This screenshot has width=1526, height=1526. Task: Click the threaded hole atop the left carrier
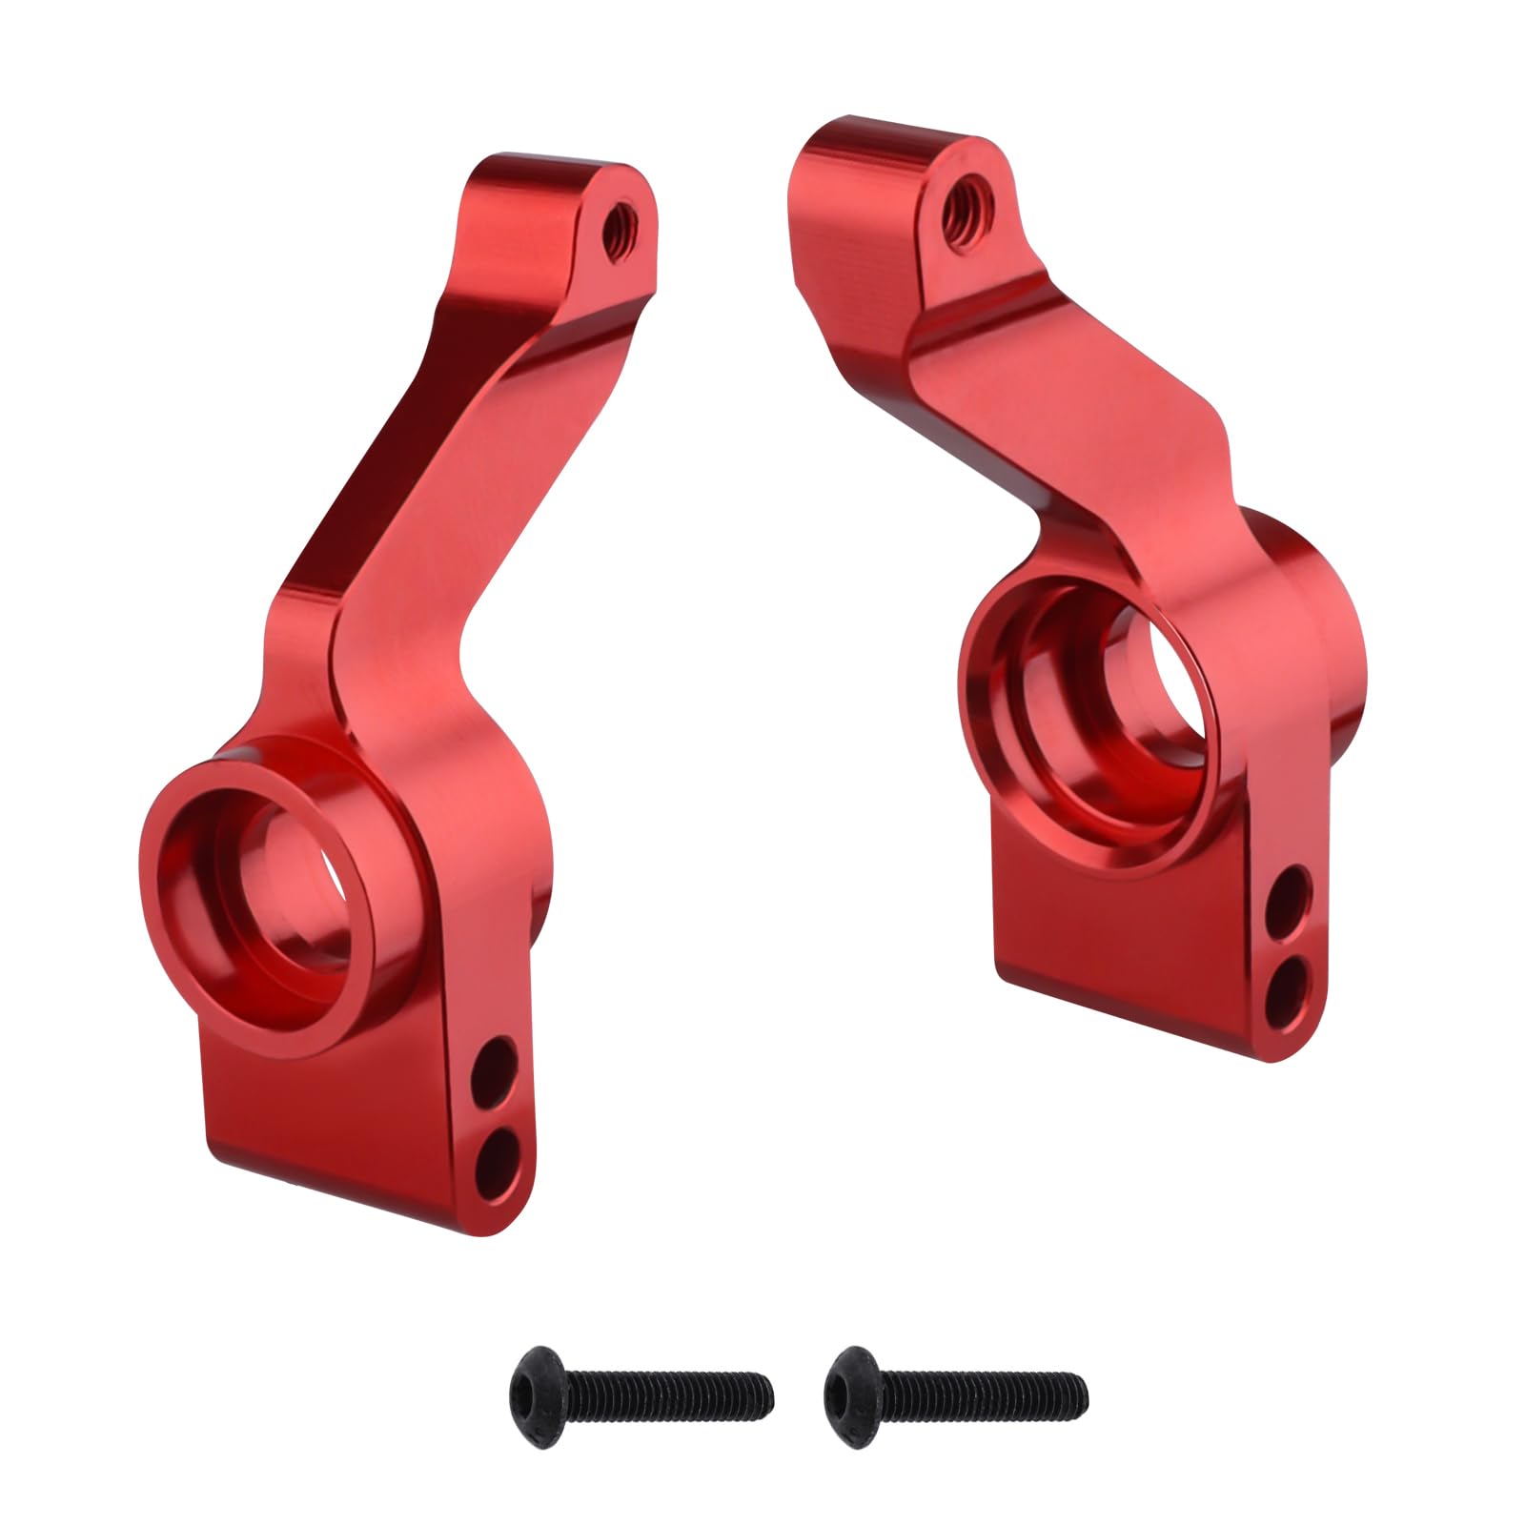(624, 227)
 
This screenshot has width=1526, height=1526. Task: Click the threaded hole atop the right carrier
(966, 210)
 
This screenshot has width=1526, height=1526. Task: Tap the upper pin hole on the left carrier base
(497, 1063)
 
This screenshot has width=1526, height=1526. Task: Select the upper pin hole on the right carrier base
(1289, 891)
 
